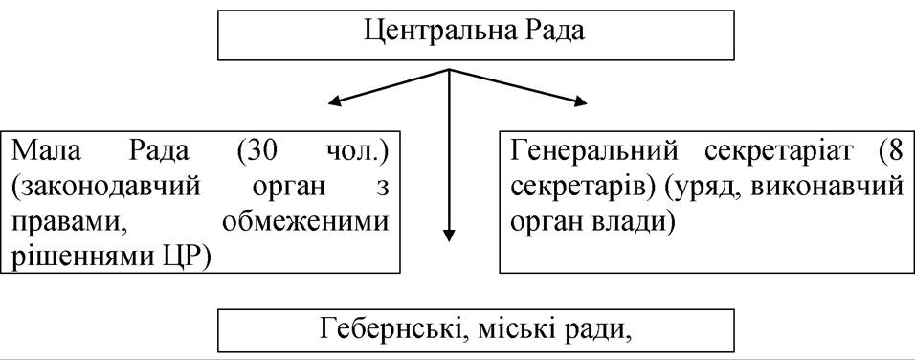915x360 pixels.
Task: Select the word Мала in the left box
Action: (38, 153)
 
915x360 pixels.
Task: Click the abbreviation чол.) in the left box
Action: (359, 153)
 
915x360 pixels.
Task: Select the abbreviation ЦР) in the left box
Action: (183, 258)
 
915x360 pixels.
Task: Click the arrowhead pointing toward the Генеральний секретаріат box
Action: (580, 102)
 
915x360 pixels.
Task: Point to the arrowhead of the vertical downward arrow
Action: (449, 235)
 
